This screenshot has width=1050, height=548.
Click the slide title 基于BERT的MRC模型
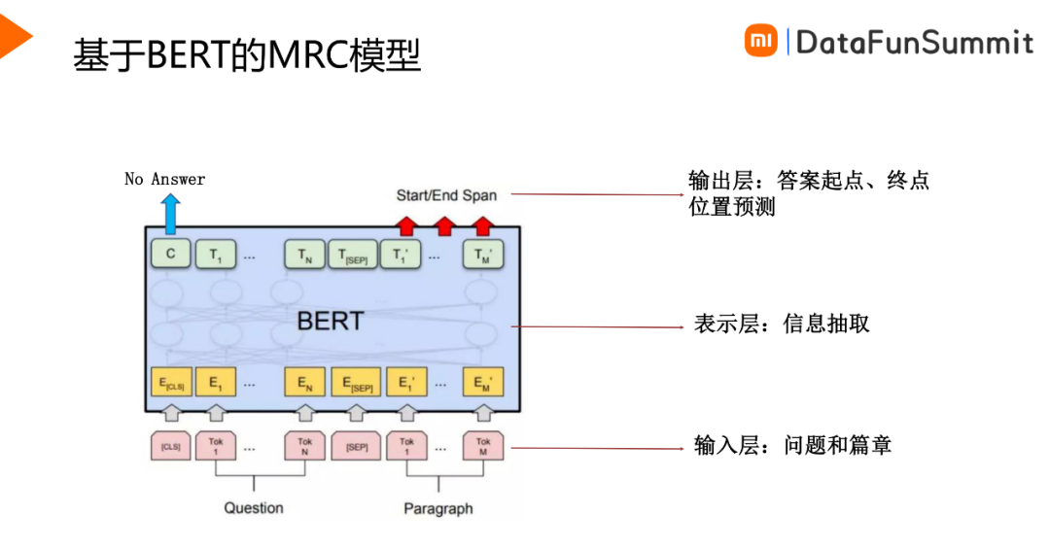point(247,55)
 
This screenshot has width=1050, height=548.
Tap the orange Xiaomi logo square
point(761,41)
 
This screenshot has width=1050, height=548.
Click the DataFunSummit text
point(914,42)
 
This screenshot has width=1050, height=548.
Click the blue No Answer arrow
point(170,213)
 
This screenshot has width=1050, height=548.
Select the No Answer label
point(165,179)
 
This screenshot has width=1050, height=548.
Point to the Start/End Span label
point(446,195)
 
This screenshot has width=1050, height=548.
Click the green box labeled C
point(170,255)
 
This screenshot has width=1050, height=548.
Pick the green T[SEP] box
point(351,255)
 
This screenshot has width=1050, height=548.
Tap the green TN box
point(304,255)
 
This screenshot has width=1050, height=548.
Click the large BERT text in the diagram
point(330,321)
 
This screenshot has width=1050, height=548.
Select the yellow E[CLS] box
point(170,384)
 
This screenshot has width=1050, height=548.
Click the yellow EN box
point(304,384)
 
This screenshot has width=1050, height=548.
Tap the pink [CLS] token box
point(170,447)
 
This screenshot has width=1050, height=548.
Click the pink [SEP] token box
point(356,447)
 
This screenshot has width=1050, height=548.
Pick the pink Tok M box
point(483,446)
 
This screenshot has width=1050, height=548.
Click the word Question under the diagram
point(254,507)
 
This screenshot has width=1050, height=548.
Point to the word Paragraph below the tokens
point(438,508)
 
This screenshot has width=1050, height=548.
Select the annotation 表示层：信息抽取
point(782,325)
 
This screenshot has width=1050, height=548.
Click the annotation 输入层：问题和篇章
point(792,446)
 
